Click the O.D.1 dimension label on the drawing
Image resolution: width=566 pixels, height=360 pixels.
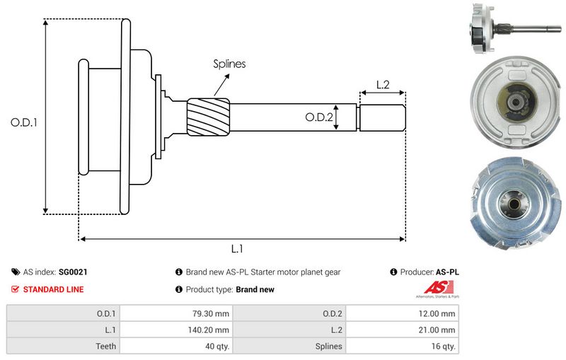point(24,122)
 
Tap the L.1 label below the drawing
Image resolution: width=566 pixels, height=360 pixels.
point(237,248)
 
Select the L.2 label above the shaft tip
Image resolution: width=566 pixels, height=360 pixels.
point(383,85)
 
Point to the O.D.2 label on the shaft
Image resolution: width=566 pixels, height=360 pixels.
point(319,117)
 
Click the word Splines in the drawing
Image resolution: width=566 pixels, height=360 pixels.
point(229,64)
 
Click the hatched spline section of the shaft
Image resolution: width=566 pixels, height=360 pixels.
point(208,117)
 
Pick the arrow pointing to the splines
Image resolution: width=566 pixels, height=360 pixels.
point(221,85)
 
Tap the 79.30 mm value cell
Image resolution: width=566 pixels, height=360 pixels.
point(176,313)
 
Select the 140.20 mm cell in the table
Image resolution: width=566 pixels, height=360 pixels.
point(176,330)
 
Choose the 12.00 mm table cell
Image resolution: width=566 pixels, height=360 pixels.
point(402,313)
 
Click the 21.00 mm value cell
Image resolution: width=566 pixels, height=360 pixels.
point(402,330)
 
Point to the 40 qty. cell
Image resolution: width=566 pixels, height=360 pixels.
point(176,346)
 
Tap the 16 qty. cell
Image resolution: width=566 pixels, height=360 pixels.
point(402,346)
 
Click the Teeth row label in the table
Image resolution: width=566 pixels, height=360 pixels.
point(105,347)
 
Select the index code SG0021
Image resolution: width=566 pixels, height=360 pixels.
point(73,272)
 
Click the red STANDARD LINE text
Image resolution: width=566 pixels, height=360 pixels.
point(54,289)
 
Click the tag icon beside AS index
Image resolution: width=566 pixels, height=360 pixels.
point(16,272)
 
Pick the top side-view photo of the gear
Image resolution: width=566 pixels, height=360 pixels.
point(515,29)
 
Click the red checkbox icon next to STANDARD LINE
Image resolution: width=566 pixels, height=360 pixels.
point(15,289)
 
